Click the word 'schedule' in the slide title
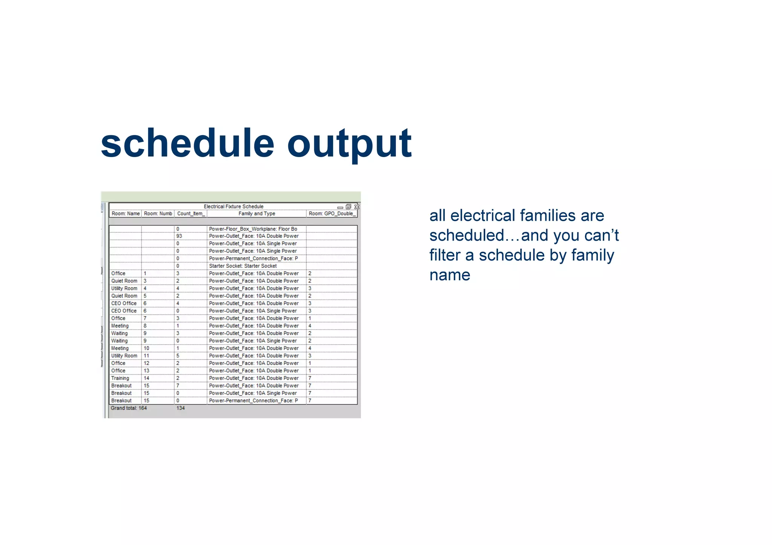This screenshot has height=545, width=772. pos(187,144)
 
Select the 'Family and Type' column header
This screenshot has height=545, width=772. pos(256,214)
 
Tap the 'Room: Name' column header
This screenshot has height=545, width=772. pos(126,214)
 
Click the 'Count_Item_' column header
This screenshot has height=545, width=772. pos(191,214)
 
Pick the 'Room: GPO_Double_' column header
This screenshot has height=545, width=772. pos(332,214)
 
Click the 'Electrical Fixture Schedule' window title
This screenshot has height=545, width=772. pos(233,206)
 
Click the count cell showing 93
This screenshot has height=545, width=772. pos(179,236)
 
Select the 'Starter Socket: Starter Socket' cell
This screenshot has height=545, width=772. pos(243,266)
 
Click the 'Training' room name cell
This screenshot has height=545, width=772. pos(120,378)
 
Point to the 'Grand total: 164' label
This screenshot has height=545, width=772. pos(129,408)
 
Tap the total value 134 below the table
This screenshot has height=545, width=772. pos(181,408)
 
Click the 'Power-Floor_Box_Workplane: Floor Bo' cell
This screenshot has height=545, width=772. pos(253,229)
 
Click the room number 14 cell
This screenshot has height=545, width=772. pos(147,378)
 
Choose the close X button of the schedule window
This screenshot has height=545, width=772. pos(357,207)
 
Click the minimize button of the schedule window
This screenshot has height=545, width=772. pos(340,207)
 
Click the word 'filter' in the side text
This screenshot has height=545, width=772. pos(445,255)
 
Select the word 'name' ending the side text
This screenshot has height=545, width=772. pos(450,275)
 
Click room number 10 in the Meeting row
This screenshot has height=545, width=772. pos(147,348)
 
